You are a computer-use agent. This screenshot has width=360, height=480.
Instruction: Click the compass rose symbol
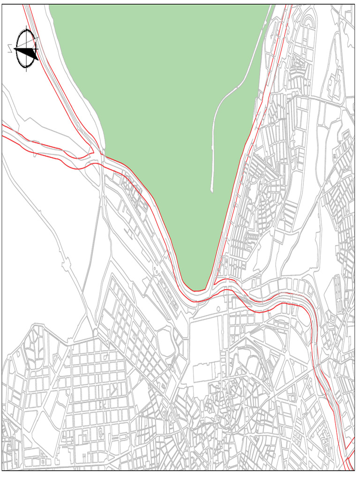(26, 50)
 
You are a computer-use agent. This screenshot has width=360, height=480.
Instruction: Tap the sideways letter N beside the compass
(10, 49)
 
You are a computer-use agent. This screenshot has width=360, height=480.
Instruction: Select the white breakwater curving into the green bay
(220, 112)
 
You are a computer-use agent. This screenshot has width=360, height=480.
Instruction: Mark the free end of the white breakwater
(212, 190)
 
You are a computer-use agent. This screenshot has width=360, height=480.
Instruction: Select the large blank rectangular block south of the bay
(206, 337)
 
